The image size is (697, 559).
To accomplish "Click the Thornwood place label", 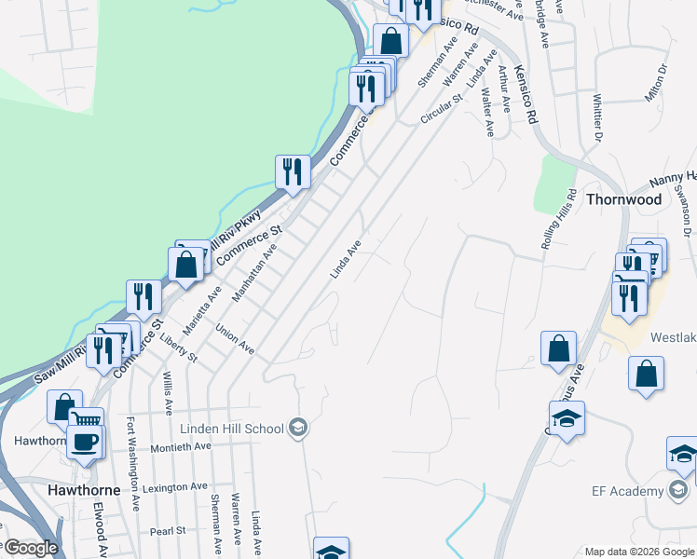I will [x=624, y=199].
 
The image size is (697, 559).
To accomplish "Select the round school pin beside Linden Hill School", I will [x=299, y=429].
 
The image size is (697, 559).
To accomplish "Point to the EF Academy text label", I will [x=624, y=491].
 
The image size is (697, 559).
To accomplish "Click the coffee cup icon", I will [x=86, y=443].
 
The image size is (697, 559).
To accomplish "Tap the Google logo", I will [x=30, y=548].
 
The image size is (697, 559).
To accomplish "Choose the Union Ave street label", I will [x=235, y=339].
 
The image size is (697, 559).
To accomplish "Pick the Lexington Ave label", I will [x=175, y=487].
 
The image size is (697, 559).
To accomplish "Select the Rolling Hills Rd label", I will [x=558, y=219].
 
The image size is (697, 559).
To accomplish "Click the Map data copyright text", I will [x=640, y=552].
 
